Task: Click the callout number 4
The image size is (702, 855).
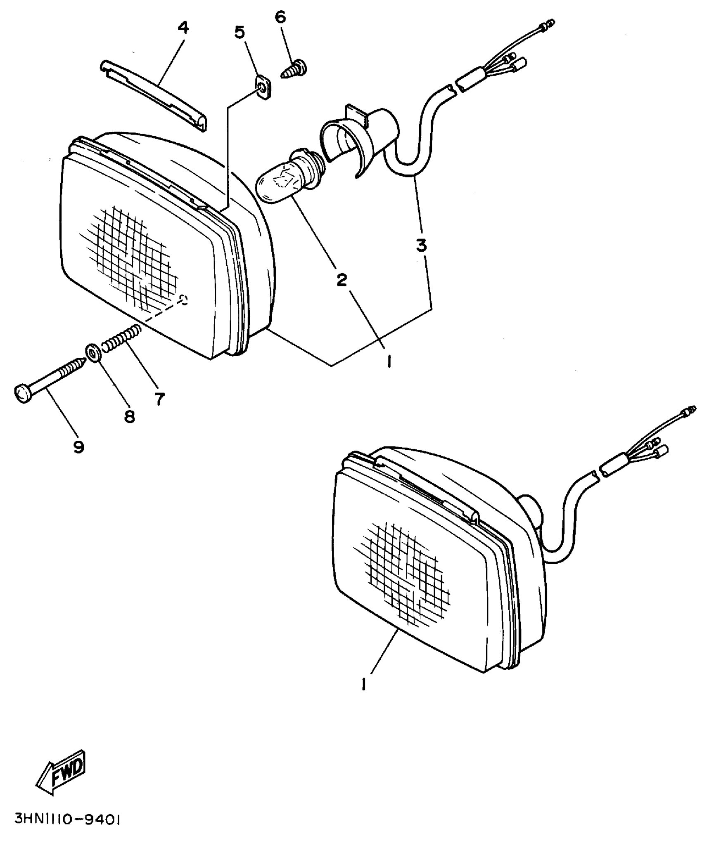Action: (183, 28)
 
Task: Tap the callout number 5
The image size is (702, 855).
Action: (240, 32)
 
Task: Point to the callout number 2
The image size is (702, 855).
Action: (342, 280)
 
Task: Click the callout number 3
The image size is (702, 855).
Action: (421, 245)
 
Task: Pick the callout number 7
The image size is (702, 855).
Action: (160, 399)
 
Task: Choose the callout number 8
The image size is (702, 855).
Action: (129, 417)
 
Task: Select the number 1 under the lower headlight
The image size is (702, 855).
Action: (364, 685)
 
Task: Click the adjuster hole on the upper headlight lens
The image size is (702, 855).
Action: (183, 300)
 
